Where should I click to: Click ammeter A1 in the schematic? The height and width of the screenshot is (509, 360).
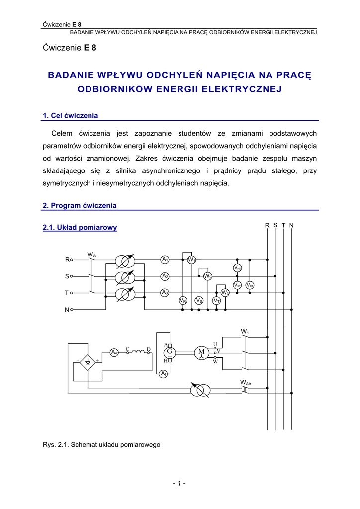165,259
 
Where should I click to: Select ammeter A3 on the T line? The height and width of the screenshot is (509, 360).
165,293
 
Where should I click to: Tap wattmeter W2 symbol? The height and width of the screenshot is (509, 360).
208,276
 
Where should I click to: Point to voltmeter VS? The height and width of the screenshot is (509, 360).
199,301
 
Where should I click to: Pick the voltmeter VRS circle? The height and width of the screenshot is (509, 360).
237,268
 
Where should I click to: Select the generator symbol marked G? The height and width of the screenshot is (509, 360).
169,352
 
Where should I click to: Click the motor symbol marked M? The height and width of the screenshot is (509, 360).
201,352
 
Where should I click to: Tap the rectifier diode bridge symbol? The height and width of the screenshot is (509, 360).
88,362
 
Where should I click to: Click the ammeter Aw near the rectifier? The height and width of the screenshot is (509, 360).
114,352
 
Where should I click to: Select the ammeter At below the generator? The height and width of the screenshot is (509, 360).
163,374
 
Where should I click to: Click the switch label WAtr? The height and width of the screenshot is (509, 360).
246,383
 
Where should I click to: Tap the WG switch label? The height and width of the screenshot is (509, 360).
91,255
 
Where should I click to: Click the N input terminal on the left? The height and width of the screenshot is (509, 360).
71,310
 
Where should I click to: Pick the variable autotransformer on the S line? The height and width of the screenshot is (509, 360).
124,277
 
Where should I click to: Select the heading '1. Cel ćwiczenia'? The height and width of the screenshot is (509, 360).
71,116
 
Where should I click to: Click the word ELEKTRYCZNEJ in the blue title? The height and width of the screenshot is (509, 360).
242,89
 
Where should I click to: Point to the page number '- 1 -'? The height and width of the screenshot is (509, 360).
179,483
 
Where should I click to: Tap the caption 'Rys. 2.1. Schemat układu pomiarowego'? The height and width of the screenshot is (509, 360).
101,445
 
